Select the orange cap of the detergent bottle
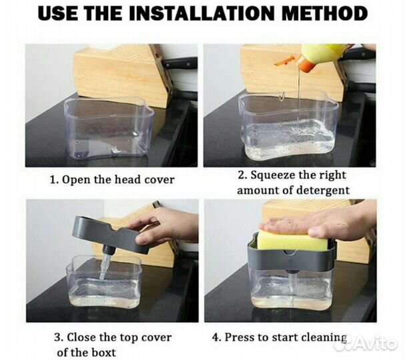(306, 63)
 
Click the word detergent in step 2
(322, 191)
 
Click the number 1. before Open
(54, 180)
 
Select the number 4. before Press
(217, 337)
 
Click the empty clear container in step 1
(109, 128)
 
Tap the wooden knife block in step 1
(122, 75)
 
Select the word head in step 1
(128, 179)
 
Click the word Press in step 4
(240, 337)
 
